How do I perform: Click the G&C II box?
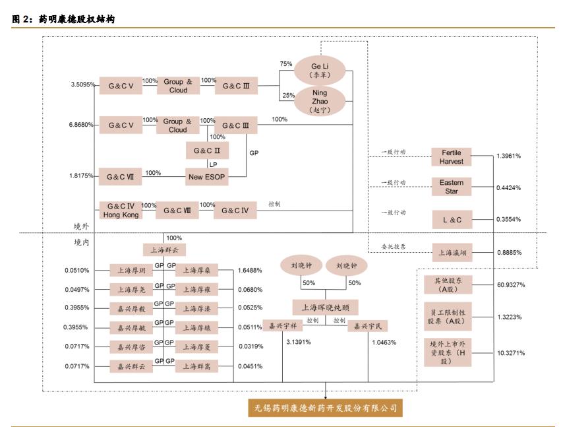click(x=207, y=151)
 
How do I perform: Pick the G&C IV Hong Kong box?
click(x=121, y=211)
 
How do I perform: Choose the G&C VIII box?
click(x=177, y=211)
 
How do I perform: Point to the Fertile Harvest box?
click(x=452, y=157)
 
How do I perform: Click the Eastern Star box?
click(x=452, y=187)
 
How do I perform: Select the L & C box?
click(x=452, y=219)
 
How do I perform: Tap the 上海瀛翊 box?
click(x=452, y=251)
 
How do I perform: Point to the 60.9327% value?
click(x=510, y=284)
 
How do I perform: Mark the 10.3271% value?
click(x=510, y=353)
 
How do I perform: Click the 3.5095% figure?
click(x=82, y=85)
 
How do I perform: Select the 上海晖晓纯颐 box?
click(x=325, y=307)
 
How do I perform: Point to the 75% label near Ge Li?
click(x=286, y=64)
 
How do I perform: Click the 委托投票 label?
click(x=393, y=246)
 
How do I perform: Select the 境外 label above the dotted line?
click(x=81, y=226)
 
